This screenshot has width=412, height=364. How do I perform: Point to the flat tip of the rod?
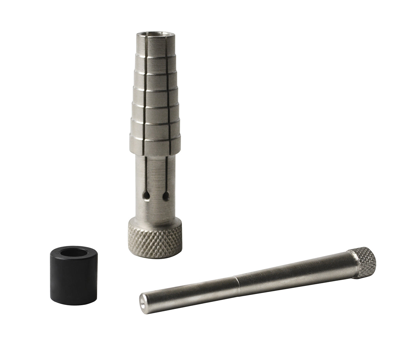(144, 298)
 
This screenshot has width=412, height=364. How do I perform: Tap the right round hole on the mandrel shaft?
(165, 196)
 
